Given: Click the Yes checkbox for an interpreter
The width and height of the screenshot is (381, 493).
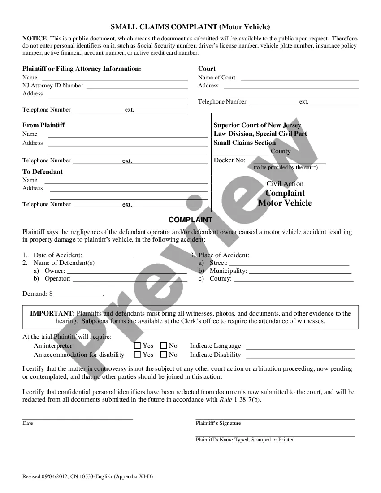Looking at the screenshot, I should [138, 346].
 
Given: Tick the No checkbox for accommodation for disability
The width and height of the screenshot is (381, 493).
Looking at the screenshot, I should [164, 355].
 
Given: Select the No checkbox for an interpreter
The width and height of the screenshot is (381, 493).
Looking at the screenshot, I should [164, 346].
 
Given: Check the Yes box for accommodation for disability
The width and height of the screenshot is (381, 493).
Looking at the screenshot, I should [138, 355].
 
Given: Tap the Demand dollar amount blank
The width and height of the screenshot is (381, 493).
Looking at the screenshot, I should [78, 295].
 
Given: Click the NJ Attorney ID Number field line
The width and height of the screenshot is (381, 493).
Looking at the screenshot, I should [137, 86].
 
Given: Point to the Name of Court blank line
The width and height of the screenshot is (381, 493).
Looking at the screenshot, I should [299, 78].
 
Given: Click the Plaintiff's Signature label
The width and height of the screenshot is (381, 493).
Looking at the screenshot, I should [218, 423].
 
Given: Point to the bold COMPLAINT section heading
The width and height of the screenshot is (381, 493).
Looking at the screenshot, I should [190, 220].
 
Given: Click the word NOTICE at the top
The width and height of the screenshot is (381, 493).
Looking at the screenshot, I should [35, 39].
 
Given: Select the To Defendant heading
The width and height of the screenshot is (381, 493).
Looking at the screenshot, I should [43, 172].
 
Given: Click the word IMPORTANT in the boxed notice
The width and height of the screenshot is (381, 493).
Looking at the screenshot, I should [52, 313].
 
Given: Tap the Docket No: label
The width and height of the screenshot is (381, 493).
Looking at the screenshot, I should [229, 160].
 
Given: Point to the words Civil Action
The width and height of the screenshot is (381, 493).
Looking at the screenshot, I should [285, 184].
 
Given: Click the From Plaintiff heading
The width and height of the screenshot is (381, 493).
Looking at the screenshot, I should [43, 125].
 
